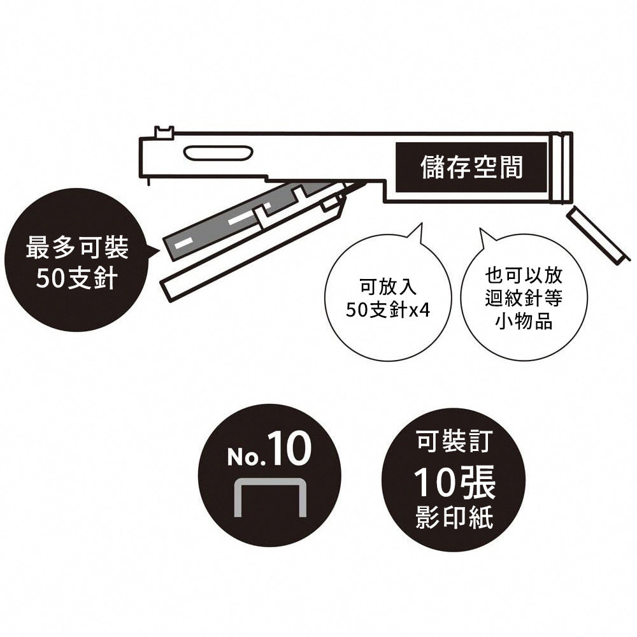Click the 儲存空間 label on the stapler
(471, 167)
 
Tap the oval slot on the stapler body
(218, 153)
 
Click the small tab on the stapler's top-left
(164, 132)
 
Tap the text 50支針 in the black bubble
(77, 278)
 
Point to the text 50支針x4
(387, 311)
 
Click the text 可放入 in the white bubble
(389, 287)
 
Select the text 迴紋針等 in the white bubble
(524, 299)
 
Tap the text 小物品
(524, 321)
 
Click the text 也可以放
(524, 275)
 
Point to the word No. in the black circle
(246, 457)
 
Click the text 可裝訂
(454, 441)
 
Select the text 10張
(454, 482)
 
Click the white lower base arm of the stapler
(252, 248)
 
